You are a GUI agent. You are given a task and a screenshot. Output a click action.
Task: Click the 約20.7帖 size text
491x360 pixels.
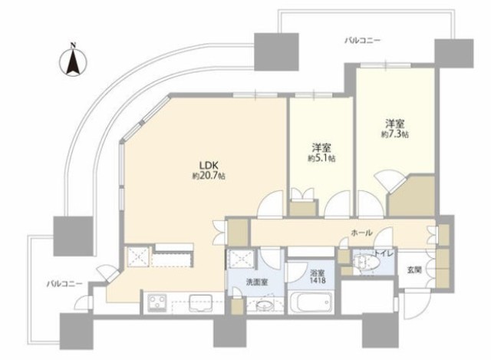209,176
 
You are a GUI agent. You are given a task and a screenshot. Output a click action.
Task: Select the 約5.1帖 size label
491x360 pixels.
321,159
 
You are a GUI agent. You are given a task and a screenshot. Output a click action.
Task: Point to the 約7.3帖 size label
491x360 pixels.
395,134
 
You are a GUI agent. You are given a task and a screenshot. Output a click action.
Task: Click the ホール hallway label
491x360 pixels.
361,233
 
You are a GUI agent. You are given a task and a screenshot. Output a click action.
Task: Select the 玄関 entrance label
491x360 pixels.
414,269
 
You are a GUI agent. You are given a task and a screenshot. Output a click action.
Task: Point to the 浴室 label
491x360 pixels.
318,272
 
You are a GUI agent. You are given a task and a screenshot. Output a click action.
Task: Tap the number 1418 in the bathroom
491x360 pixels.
318,280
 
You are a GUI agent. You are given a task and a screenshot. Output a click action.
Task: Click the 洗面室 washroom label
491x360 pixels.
257,282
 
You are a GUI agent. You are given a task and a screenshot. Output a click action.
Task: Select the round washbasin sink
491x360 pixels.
265,306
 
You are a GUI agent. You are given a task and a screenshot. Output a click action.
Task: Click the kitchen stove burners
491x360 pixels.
157,303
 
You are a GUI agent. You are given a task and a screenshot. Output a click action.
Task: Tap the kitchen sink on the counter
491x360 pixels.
201,302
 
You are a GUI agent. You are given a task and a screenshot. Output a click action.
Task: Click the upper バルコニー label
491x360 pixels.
362,41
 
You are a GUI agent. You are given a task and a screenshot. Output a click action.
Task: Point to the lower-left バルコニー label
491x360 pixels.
64,284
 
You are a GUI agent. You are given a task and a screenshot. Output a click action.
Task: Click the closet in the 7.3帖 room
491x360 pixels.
411,197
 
